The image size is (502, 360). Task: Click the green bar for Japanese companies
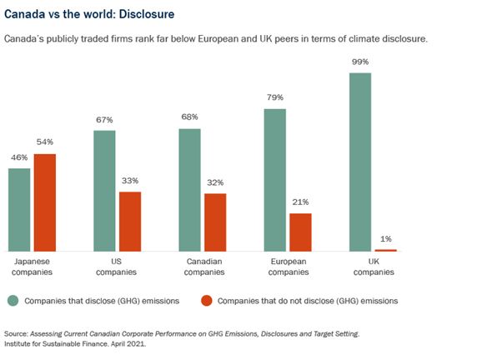(19, 209)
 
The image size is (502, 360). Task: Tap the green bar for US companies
(104, 191)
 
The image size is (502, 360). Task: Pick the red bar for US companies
(129, 222)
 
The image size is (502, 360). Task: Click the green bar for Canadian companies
(189, 190)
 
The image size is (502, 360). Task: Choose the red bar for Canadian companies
(214, 222)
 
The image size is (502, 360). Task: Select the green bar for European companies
(275, 180)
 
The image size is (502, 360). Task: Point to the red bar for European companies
(299, 232)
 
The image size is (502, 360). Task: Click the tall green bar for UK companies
(360, 162)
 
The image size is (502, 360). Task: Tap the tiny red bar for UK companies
(385, 250)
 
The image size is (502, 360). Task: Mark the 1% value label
(385, 239)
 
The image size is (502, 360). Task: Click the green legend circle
(13, 300)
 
